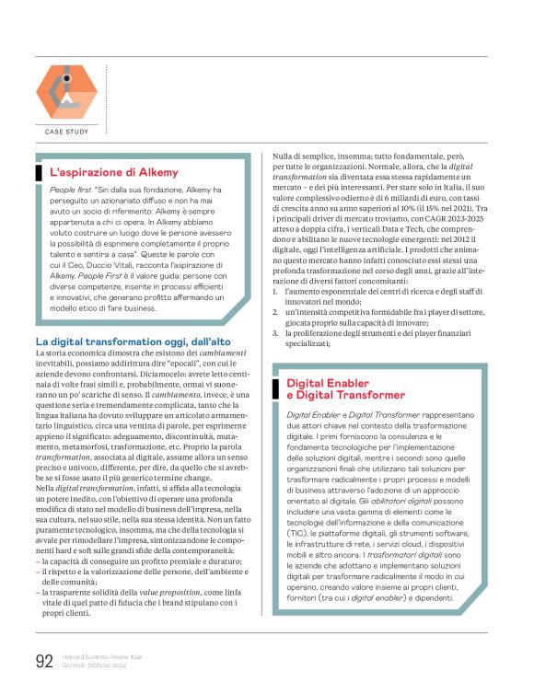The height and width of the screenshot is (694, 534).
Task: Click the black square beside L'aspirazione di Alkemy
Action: [39, 171]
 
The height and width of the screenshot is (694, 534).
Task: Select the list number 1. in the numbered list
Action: [276, 291]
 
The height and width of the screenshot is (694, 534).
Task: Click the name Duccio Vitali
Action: [128, 264]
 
